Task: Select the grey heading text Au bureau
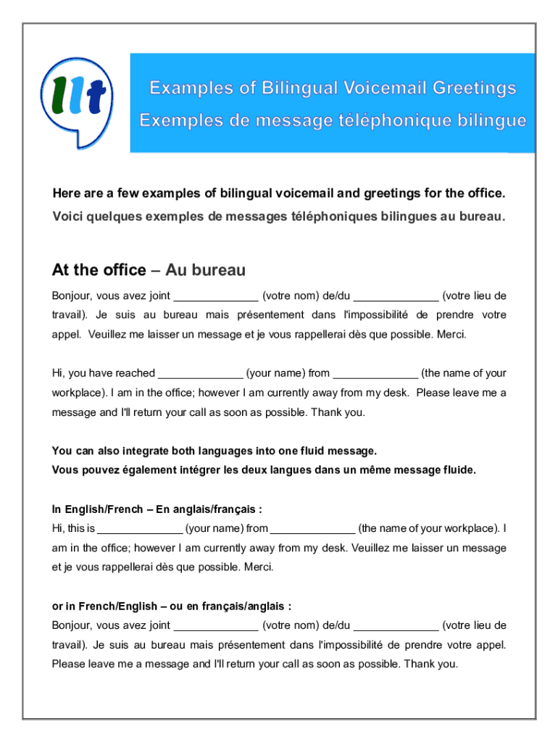click(x=206, y=270)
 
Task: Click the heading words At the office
click(x=99, y=270)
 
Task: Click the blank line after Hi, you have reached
click(x=200, y=374)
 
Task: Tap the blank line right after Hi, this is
click(x=139, y=528)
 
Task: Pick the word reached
click(x=136, y=373)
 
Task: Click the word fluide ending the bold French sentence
click(x=457, y=470)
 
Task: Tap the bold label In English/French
click(x=96, y=509)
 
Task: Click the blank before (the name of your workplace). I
click(x=312, y=528)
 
